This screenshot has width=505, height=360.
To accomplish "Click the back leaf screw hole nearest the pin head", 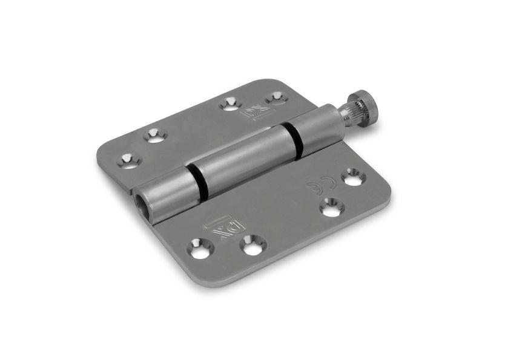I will (x=276, y=97).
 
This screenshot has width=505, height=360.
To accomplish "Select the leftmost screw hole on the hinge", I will (x=128, y=160).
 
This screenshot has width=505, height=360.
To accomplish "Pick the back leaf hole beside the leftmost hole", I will (x=155, y=136).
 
